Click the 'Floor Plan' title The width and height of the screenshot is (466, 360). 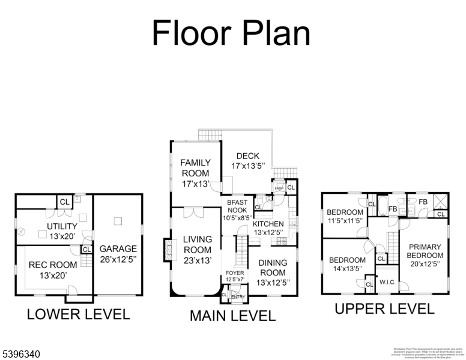231,32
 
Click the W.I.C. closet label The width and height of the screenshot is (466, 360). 387,282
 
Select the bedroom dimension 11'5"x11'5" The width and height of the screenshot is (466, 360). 345,220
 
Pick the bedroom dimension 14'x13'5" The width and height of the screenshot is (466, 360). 347,268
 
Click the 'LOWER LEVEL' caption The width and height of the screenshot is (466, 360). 78,314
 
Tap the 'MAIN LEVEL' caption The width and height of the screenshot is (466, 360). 232,316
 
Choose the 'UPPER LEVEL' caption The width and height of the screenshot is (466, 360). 384,309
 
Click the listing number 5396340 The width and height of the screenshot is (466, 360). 21,355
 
